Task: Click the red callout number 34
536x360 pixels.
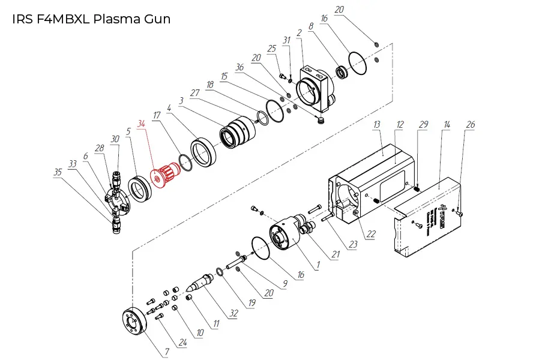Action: click(x=142, y=124)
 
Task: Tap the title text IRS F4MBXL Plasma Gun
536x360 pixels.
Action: click(x=91, y=19)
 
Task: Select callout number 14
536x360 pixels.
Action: click(x=447, y=125)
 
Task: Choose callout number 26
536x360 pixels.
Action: click(x=471, y=125)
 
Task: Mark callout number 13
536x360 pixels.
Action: click(x=377, y=124)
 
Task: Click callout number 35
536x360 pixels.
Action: click(x=58, y=172)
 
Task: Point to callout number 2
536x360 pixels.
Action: click(x=298, y=32)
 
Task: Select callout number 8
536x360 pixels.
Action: click(x=311, y=26)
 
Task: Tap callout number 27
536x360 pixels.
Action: click(x=194, y=93)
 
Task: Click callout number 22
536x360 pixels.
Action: click(x=371, y=235)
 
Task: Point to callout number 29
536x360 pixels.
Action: click(x=423, y=124)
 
